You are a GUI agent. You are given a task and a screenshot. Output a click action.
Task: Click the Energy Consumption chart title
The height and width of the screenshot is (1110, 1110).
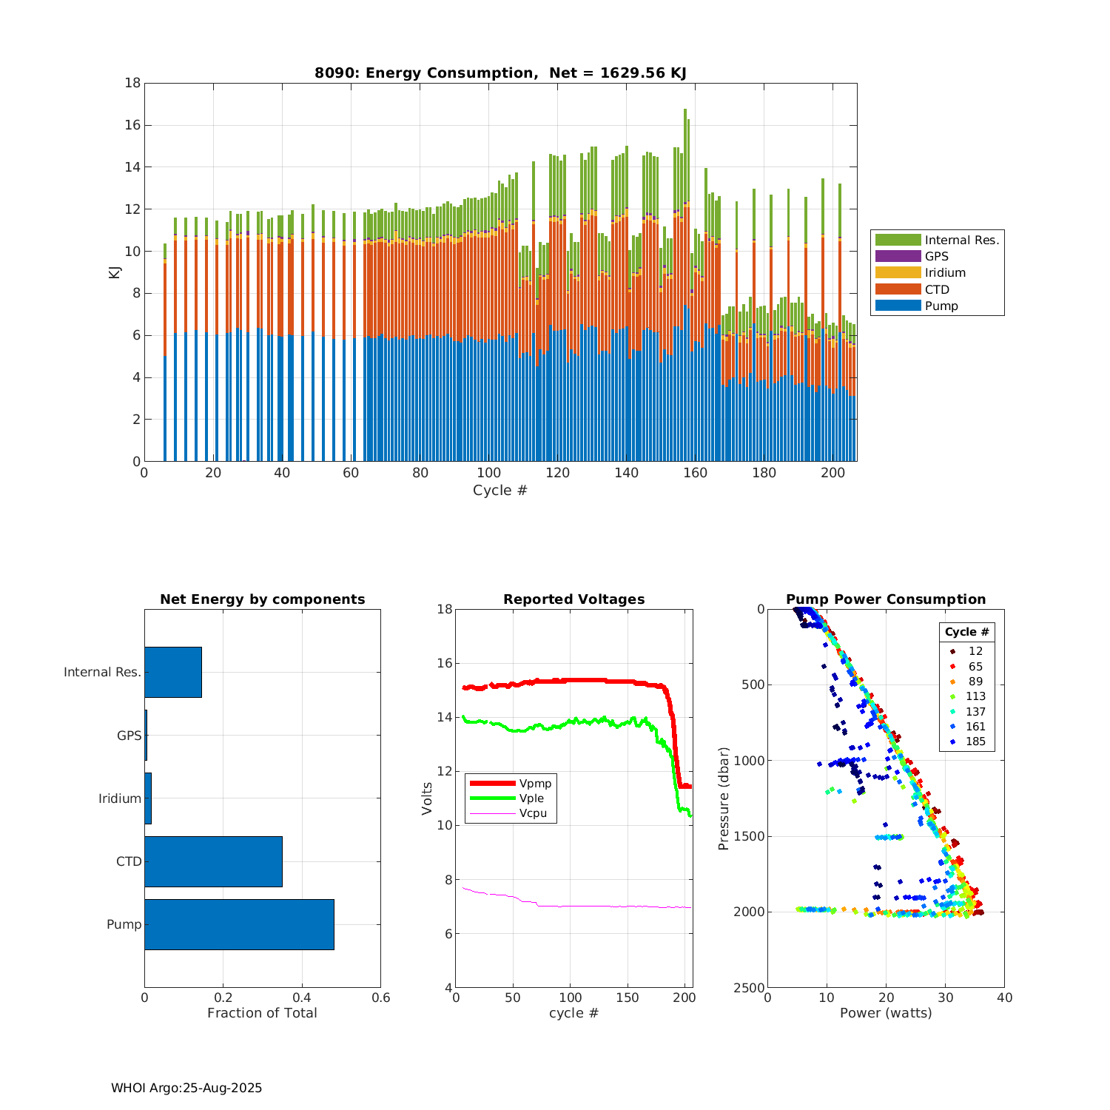click(x=500, y=73)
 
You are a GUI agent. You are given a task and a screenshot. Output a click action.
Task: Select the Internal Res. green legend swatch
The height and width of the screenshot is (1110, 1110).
click(x=898, y=240)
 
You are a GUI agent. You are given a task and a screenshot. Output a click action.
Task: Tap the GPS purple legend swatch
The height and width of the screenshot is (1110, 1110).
click(x=898, y=256)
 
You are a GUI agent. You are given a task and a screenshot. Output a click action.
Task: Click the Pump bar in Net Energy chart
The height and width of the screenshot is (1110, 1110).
click(x=239, y=924)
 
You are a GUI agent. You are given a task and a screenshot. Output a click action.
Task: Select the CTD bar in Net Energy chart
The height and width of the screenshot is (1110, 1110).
click(x=213, y=861)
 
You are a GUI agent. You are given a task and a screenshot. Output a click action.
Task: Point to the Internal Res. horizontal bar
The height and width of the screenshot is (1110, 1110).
click(x=173, y=672)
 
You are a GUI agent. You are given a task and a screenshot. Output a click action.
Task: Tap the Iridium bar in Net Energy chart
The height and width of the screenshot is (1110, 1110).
click(x=148, y=798)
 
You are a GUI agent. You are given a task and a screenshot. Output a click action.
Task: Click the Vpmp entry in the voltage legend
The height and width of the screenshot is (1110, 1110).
click(x=535, y=784)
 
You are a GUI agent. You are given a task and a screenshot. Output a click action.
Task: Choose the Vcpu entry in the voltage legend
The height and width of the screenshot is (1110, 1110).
click(x=532, y=813)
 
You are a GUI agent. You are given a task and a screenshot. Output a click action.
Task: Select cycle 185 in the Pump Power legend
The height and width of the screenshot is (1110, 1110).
click(x=975, y=741)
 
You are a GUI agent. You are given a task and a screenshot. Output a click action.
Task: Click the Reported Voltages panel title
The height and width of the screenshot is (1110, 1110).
click(x=573, y=599)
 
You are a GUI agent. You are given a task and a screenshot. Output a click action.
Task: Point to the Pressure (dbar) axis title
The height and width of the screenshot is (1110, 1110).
click(x=724, y=798)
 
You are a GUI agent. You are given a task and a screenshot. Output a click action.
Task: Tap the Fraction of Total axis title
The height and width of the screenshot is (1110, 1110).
click(x=262, y=1012)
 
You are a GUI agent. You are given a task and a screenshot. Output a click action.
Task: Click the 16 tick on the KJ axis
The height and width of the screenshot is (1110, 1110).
click(x=132, y=125)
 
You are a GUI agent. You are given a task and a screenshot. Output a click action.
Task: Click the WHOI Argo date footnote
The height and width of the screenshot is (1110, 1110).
click(x=186, y=1088)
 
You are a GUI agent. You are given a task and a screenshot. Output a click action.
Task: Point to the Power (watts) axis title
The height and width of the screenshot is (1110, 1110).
click(x=886, y=1012)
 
